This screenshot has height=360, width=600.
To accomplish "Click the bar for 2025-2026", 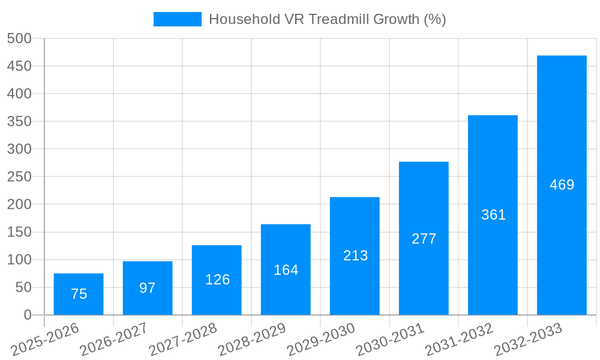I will (x=79, y=294).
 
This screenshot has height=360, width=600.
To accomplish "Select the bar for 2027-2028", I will (x=217, y=280).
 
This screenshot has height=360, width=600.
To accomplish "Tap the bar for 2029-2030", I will (x=355, y=256).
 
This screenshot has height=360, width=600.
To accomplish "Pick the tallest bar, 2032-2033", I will (x=562, y=185).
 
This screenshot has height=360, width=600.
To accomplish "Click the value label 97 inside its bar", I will (x=148, y=288).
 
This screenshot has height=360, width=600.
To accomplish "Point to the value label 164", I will (x=286, y=270).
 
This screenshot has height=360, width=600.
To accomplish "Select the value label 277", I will (x=424, y=239).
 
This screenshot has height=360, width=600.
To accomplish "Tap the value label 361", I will (x=493, y=215).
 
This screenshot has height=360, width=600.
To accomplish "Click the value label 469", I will (x=562, y=185).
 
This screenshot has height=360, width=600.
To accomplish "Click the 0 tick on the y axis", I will (x=28, y=315).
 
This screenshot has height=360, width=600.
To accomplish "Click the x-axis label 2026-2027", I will (x=115, y=340).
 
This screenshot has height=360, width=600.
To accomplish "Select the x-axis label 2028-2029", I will (x=253, y=340).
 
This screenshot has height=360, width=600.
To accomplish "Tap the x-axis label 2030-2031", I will (x=391, y=340).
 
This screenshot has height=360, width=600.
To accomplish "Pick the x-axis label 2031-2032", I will (x=460, y=340).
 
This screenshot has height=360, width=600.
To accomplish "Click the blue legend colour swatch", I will (x=178, y=19).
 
